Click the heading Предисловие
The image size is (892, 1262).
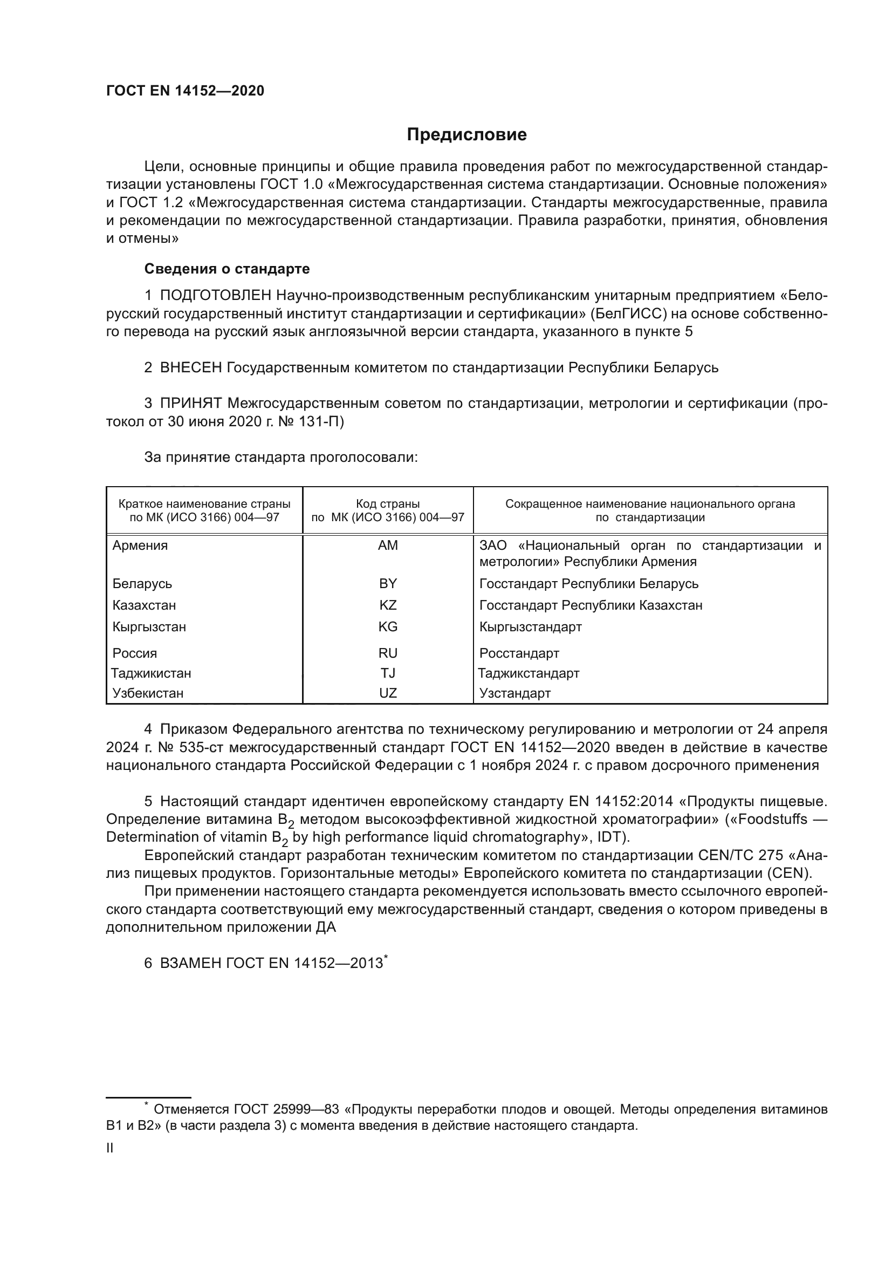[466, 135]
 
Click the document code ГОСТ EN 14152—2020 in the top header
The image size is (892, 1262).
[185, 91]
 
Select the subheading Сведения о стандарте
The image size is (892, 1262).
[227, 269]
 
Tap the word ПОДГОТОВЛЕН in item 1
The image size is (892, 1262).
[215, 296]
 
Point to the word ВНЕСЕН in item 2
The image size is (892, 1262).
[190, 368]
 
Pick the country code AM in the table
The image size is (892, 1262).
[388, 546]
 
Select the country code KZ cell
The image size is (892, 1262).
[388, 605]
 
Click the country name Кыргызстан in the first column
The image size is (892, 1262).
[149, 627]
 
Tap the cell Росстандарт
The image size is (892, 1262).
[519, 653]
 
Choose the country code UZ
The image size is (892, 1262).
[388, 693]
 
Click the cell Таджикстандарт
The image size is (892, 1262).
[529, 673]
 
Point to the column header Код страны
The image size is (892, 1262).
[388, 504]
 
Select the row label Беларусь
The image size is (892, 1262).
[142, 584]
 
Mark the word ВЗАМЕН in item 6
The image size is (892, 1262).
[190, 964]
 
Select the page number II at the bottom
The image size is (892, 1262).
[110, 1148]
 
